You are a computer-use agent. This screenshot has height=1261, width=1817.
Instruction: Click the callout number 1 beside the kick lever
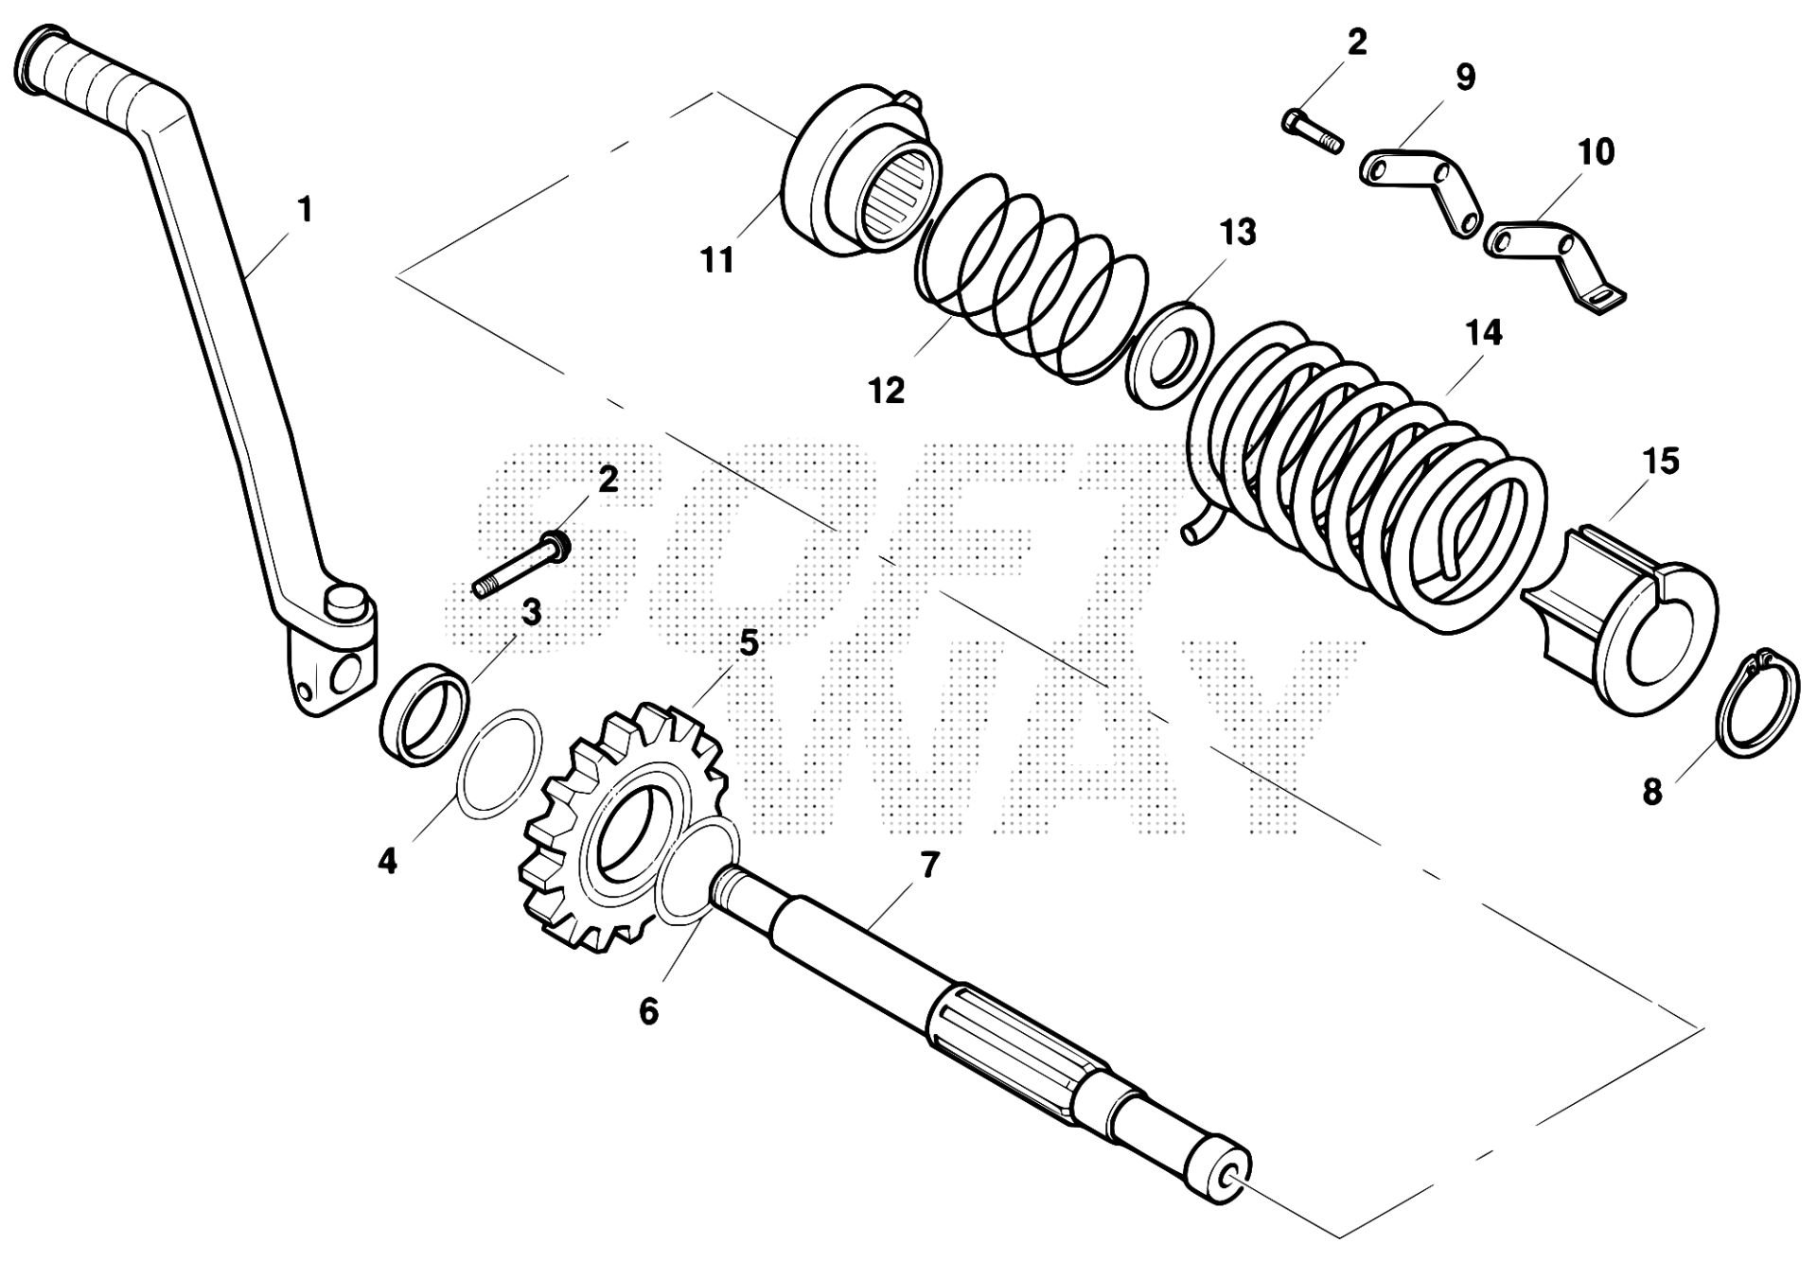[x=304, y=209]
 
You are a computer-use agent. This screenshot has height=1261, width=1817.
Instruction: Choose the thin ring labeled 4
[x=501, y=760]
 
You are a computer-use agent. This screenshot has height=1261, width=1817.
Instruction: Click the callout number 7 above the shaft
[x=928, y=864]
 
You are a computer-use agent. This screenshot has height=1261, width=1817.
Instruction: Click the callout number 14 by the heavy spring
[x=1483, y=333]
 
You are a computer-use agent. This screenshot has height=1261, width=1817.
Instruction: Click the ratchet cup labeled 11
[x=856, y=170]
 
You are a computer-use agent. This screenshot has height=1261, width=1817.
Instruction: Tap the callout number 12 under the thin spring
[x=888, y=390]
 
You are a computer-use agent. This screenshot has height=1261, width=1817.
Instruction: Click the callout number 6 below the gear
[x=648, y=1011]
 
